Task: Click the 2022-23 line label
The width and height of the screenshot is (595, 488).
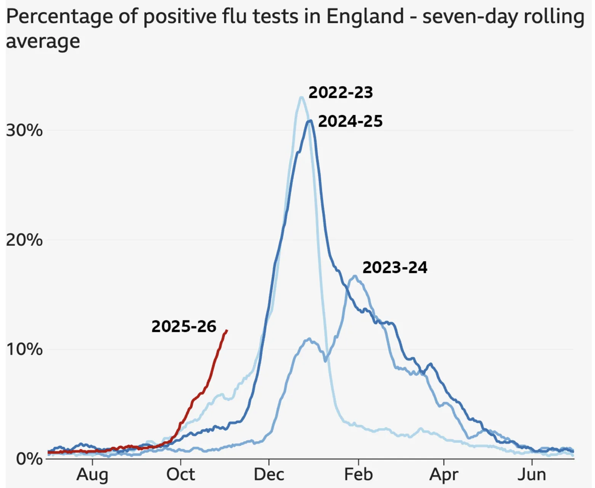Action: tap(341, 93)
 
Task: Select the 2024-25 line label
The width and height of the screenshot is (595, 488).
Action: tap(350, 122)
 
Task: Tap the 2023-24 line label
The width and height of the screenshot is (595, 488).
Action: tap(395, 268)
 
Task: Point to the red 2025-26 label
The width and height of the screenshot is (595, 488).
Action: tap(184, 327)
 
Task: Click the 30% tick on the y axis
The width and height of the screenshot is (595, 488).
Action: tap(24, 131)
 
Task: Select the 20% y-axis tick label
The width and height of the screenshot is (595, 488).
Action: tap(24, 240)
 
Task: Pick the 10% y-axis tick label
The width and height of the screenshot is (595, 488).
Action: tap(24, 349)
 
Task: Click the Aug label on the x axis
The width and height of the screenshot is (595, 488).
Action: tap(93, 474)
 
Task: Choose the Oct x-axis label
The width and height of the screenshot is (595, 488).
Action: tap(181, 474)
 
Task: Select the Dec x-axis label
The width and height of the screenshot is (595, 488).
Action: tap(269, 474)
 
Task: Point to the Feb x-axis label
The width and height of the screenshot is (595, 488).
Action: tap(358, 474)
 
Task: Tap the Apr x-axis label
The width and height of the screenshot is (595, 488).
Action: tap(444, 474)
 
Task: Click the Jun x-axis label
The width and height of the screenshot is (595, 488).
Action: tap(532, 474)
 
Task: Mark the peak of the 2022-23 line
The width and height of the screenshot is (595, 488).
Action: tap(301, 97)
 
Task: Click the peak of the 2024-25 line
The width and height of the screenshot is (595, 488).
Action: tap(310, 120)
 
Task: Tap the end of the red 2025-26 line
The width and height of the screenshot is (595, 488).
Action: tap(227, 331)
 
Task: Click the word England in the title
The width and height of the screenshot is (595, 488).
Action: tap(365, 17)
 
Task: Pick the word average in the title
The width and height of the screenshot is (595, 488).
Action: tap(43, 41)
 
